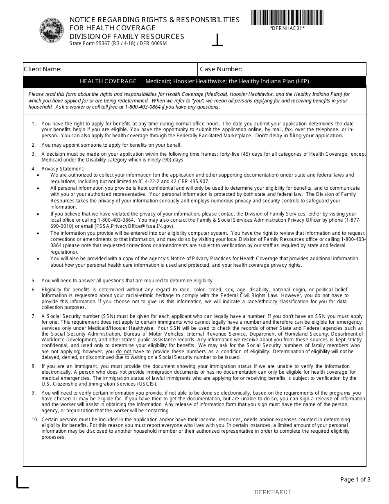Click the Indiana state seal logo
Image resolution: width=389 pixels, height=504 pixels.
click(x=52, y=30)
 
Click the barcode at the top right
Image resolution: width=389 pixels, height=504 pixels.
click(x=287, y=17)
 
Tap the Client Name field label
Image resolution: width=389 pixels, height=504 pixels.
click(x=43, y=69)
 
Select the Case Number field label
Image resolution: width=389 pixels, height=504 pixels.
click(x=221, y=69)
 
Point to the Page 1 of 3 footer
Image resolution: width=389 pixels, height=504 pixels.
click(x=355, y=479)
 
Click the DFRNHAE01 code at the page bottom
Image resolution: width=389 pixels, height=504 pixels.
click(x=273, y=493)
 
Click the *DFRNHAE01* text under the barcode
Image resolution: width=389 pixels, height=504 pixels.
click(x=287, y=28)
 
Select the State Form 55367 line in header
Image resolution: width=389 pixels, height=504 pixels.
click(x=118, y=43)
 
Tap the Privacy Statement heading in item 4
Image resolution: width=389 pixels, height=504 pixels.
click(x=63, y=168)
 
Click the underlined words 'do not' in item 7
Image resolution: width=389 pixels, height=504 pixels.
click(x=124, y=352)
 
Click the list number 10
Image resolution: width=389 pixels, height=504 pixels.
click(x=35, y=420)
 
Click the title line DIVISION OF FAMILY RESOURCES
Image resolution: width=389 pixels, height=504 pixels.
click(x=127, y=36)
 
